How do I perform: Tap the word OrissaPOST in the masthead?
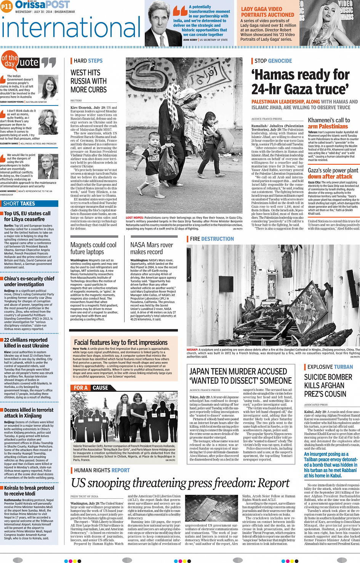[42, 5]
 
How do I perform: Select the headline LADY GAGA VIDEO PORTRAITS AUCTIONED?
[267, 12]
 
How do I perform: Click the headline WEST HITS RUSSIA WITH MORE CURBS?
[88, 81]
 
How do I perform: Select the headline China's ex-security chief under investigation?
[29, 281]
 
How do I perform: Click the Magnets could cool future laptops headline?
[93, 248]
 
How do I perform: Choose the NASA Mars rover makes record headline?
[152, 248]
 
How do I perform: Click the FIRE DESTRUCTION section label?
[212, 239]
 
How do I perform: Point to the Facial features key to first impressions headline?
[121, 343]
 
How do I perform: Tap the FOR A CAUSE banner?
[91, 388]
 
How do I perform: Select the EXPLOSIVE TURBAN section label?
[330, 367]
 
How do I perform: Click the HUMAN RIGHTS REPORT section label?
[102, 470]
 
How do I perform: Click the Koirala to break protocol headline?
[29, 491]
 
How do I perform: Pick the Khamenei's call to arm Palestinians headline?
[329, 123]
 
